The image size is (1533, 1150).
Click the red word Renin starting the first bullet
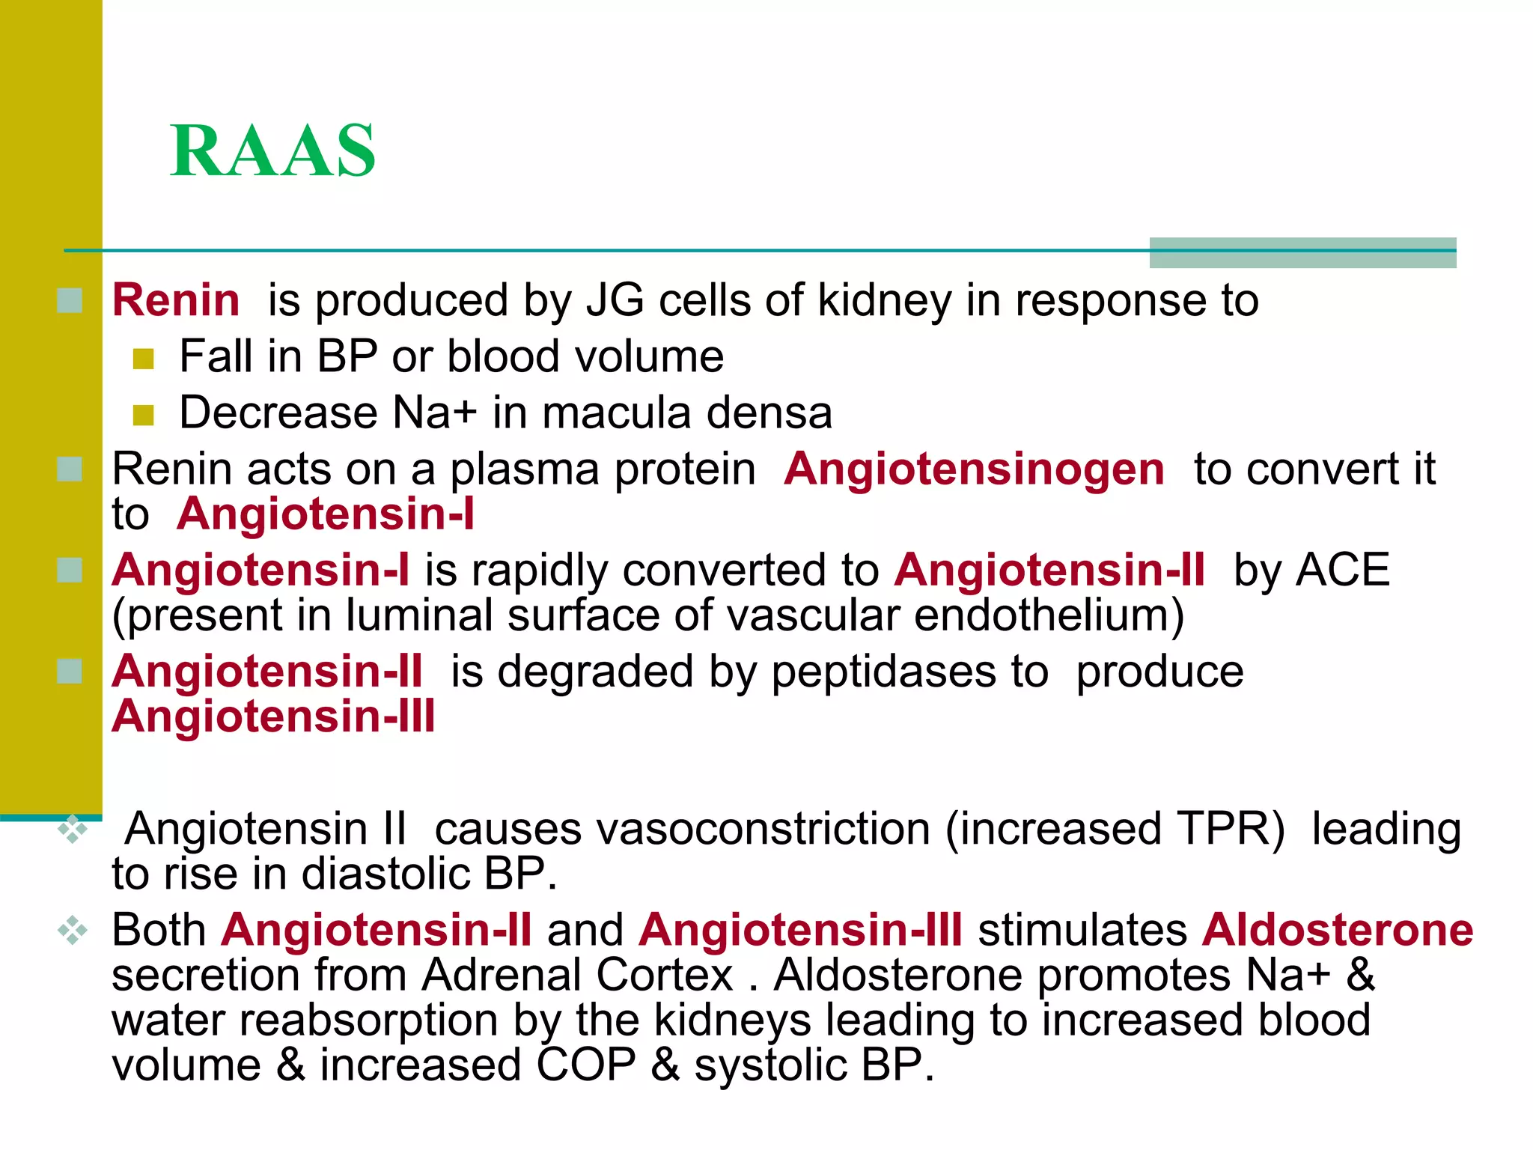click(x=176, y=300)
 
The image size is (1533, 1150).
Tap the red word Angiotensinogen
click(x=974, y=469)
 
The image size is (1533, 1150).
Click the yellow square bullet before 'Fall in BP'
click(x=143, y=359)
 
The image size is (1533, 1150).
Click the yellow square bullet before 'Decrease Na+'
click(x=143, y=415)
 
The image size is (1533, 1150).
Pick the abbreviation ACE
click(x=1343, y=570)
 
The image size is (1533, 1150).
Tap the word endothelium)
click(x=1049, y=615)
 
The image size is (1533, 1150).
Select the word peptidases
click(x=884, y=672)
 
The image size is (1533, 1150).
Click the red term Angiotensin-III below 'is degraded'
click(x=273, y=717)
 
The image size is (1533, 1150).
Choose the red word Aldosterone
click(x=1338, y=930)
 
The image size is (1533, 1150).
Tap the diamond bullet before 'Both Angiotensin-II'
click(x=73, y=931)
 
